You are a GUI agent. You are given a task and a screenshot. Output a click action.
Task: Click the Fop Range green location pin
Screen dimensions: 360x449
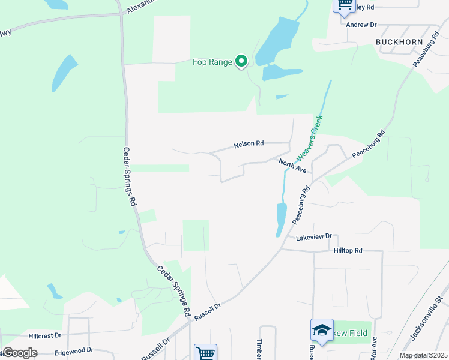(x=241, y=61)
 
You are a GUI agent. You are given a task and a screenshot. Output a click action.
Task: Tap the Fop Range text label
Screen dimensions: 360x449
(x=212, y=62)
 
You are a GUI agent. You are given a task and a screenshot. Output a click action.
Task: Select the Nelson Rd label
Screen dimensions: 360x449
(x=249, y=144)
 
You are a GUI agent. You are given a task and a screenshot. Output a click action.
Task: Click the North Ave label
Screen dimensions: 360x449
(x=292, y=166)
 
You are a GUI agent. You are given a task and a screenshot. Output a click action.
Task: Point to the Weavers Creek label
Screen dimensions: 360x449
(x=310, y=142)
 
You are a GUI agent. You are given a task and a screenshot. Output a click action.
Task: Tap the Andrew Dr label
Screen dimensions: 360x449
(x=361, y=25)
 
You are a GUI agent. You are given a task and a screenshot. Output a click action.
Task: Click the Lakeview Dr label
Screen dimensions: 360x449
(x=313, y=237)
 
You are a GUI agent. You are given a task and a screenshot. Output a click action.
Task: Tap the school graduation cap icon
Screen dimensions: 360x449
(x=322, y=330)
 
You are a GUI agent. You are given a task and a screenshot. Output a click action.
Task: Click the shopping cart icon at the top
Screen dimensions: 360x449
(x=344, y=4)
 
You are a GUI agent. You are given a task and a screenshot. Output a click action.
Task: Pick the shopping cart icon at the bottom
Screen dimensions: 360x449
(x=205, y=353)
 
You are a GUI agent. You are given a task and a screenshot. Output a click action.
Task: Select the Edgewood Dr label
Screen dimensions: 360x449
(x=74, y=349)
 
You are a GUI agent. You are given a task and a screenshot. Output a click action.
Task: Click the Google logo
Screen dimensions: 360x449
(x=20, y=352)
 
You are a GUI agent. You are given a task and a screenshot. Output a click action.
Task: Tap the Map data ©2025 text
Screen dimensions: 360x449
(x=423, y=355)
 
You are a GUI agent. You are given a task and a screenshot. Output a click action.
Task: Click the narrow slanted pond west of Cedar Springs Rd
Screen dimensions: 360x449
(x=64, y=73)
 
